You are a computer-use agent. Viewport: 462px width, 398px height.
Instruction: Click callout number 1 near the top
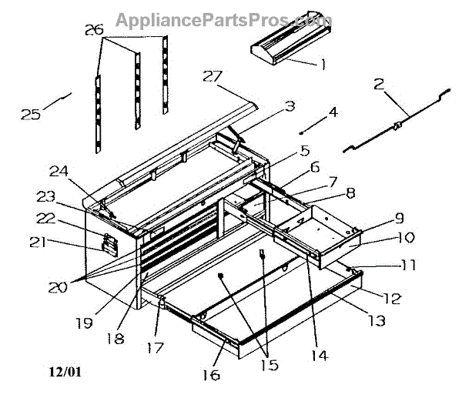click(x=323, y=65)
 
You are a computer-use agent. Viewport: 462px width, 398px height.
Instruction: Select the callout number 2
click(x=379, y=85)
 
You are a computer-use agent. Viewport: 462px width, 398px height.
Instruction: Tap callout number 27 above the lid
click(x=213, y=75)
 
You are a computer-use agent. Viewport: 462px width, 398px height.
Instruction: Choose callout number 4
click(x=332, y=112)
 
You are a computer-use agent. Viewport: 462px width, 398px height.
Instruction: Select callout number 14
click(x=319, y=355)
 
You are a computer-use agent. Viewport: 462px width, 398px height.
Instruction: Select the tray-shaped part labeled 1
click(x=286, y=45)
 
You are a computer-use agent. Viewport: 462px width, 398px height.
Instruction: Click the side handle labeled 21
click(x=109, y=246)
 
